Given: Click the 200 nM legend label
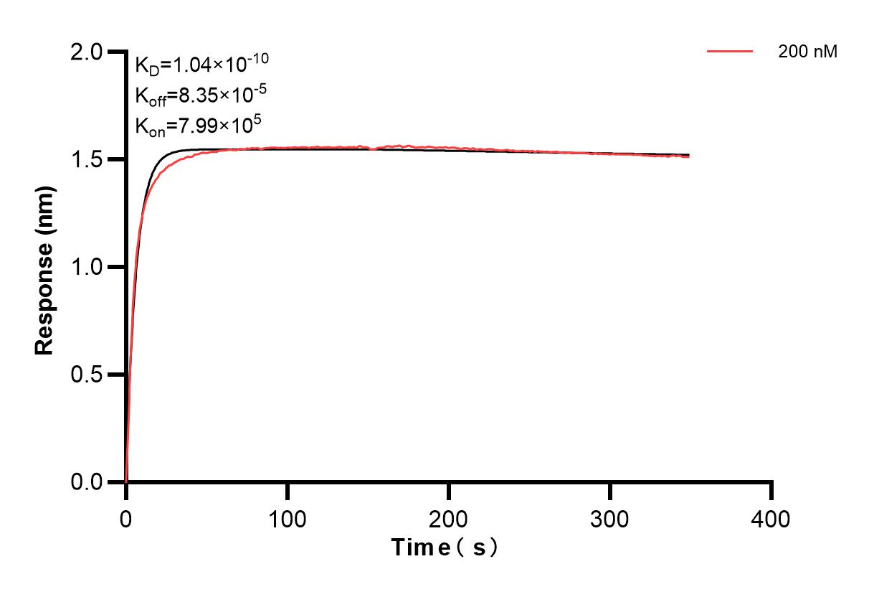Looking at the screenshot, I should click(808, 52).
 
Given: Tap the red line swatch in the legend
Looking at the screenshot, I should click(730, 52).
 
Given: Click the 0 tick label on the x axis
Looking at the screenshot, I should click(126, 519).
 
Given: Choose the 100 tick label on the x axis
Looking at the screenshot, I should click(287, 519).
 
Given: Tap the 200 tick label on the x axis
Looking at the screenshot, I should click(448, 519).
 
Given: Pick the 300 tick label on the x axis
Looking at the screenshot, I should click(609, 519).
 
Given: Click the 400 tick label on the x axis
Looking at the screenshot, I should click(771, 519).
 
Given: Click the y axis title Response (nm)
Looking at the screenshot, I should click(44, 267).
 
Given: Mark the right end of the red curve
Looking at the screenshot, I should click(689, 156).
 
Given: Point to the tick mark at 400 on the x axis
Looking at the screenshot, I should click(771, 491).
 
